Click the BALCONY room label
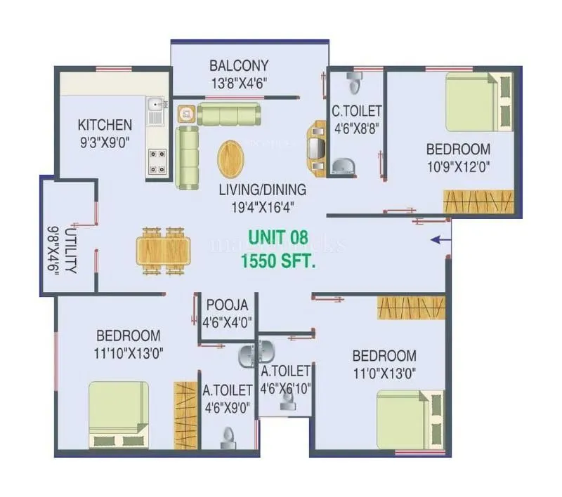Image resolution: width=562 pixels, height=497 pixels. (x=239, y=66)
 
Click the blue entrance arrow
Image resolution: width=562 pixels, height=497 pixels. (x=440, y=240)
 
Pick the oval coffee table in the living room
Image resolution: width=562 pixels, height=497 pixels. (x=233, y=159)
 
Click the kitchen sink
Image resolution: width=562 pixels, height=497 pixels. (x=155, y=108)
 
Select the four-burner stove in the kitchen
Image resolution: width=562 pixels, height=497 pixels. (x=157, y=161)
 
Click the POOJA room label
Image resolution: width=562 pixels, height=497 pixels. (x=227, y=305)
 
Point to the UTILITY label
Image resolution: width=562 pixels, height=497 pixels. (x=72, y=251)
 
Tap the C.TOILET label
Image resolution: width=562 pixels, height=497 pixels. (x=357, y=111)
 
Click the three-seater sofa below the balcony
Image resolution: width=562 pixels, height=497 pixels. (x=227, y=114)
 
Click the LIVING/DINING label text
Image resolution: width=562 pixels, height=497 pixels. (x=262, y=190)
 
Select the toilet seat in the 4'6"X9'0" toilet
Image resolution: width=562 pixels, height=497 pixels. (x=226, y=439)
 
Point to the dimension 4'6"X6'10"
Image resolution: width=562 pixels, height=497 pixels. (x=285, y=387)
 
